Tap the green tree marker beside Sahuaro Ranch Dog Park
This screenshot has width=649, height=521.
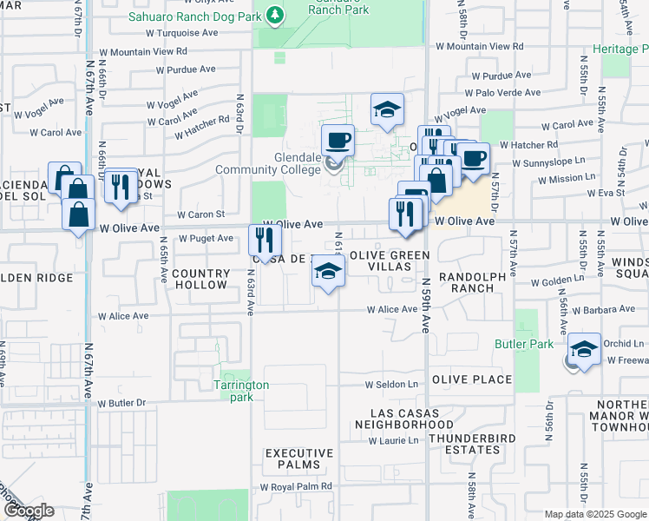[275, 15]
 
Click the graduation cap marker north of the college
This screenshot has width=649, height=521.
[387, 110]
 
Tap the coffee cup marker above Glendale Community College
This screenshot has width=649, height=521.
[337, 140]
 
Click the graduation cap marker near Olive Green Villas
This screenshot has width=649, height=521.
[327, 272]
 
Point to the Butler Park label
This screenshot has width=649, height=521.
[524, 345]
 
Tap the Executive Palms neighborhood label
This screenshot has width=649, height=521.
[299, 459]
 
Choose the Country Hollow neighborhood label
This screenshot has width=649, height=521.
[200, 279]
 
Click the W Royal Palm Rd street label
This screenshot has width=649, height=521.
[296, 487]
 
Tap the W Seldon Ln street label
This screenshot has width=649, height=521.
[391, 384]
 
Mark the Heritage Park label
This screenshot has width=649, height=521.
[620, 49]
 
